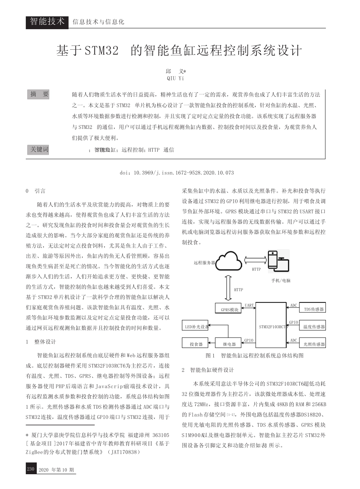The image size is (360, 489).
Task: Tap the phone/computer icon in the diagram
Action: point(278,262)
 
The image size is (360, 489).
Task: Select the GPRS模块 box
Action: point(229,309)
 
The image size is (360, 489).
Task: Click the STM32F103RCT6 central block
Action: point(271,325)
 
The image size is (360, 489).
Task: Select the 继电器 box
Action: point(229,344)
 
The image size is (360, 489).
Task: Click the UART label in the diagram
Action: point(249,305)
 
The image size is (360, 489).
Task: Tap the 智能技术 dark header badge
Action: point(47,22)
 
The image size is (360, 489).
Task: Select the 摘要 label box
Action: point(40,94)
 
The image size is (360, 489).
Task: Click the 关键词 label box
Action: point(40,149)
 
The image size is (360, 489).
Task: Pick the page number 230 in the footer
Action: point(30,469)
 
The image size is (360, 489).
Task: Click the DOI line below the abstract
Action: point(177,172)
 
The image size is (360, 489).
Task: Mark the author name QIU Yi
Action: point(175,78)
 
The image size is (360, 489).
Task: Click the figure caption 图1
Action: point(210,356)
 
